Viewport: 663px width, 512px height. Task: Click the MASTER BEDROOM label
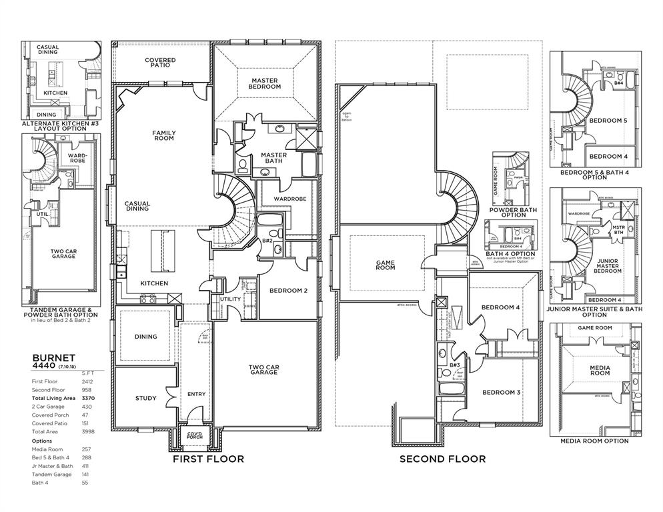tap(264, 83)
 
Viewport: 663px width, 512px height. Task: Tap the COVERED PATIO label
tap(160, 63)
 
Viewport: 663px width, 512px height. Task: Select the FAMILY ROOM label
tap(163, 135)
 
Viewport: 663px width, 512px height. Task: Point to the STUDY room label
tap(145, 398)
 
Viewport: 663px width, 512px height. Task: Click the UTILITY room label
tap(231, 299)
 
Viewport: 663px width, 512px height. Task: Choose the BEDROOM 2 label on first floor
tap(288, 291)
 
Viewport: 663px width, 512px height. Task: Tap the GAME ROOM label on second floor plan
tap(386, 265)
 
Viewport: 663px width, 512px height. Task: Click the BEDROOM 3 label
tap(501, 392)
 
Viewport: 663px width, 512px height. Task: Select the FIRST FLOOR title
tap(208, 459)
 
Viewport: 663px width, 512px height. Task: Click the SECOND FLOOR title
tap(442, 459)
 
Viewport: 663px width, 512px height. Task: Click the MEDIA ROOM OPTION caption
tap(594, 441)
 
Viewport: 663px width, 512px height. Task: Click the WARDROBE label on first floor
tap(289, 198)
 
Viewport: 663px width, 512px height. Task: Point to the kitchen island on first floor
tap(160, 252)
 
